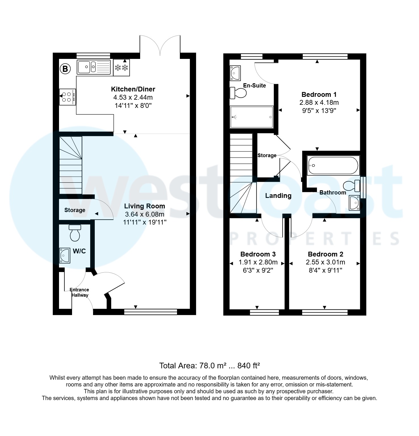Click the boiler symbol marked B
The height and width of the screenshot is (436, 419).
pos(65,69)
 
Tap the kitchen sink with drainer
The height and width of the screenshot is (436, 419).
pos(94,67)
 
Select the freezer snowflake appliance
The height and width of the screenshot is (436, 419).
pos(121,68)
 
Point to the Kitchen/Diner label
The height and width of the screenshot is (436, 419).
pos(133,89)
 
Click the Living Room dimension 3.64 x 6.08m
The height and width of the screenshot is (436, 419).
pos(144,214)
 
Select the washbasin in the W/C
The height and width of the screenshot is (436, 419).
pos(65,255)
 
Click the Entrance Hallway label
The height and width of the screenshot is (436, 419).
pos(79,292)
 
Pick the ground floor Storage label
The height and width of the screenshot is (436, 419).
pos(75,210)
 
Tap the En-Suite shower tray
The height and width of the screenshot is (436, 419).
pos(251,117)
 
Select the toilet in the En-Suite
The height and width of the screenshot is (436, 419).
pos(238,93)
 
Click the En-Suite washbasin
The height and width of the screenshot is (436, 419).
pos(235,73)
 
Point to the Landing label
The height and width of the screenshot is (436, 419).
pos(278,196)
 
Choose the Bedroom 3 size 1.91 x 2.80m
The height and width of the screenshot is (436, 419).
pos(258,262)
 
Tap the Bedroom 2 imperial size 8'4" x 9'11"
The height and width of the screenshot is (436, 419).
pos(325,270)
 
